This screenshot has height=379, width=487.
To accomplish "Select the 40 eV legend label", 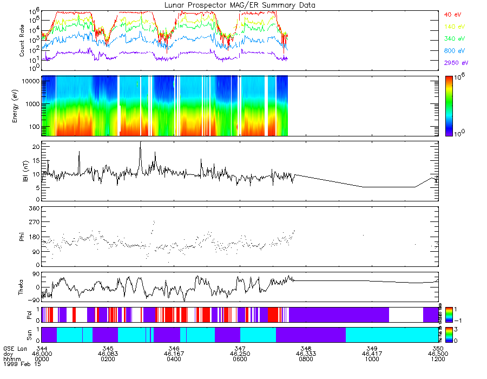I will [453, 14].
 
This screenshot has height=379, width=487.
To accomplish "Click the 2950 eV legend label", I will [456, 63].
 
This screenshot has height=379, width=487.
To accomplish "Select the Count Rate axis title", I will [22, 41].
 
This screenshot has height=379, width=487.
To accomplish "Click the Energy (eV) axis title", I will [22, 106].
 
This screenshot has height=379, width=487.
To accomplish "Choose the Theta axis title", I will [22, 286].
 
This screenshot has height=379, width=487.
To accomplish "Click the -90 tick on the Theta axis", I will [32, 299].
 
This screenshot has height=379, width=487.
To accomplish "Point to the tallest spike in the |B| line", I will [141, 142].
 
